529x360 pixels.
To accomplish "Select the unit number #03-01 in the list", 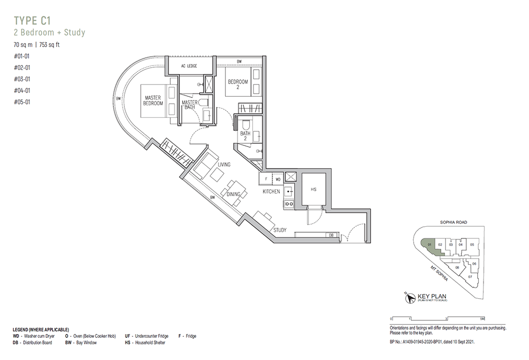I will (22, 79).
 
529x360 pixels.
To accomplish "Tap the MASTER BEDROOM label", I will (153, 100).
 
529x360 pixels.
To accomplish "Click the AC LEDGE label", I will (189, 66).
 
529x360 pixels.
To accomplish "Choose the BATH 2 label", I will (245, 137).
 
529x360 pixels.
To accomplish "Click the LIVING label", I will (224, 165).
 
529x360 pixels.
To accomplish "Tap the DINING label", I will (233, 195).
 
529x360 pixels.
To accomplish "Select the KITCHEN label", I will (271, 191).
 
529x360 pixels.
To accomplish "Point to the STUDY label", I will (280, 230).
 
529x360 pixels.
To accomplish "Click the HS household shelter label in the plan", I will (313, 189).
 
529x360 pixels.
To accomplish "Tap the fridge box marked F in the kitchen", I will (266, 179).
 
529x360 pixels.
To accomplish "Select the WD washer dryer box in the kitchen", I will (278, 179).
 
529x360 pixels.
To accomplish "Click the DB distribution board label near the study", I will (331, 234).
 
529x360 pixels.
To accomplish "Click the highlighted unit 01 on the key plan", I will (430, 245).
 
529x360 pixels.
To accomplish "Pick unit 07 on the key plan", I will (469, 276).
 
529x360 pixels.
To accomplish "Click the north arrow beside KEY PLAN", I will (408, 299).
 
